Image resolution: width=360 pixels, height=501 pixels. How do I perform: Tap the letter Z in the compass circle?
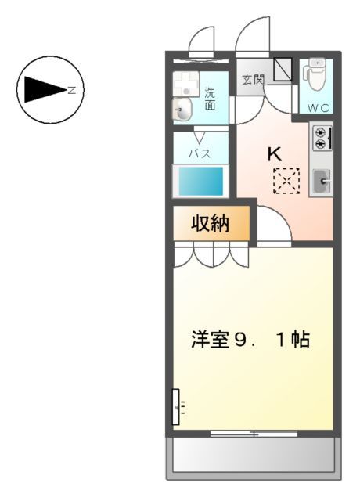[71, 90]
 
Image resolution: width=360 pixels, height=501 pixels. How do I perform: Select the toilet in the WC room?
[316, 75]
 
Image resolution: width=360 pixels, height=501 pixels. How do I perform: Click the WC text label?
[317, 106]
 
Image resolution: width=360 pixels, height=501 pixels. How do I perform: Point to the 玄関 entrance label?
[252, 79]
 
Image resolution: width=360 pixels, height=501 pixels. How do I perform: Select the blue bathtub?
[200, 182]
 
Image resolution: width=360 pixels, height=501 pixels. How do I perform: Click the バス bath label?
[200, 153]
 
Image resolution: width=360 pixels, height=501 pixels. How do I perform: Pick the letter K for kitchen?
[275, 154]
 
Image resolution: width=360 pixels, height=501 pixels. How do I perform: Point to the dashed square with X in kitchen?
[286, 182]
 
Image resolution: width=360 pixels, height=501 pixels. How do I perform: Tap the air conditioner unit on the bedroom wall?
[177, 406]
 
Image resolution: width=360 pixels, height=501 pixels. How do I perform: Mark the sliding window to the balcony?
[253, 432]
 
